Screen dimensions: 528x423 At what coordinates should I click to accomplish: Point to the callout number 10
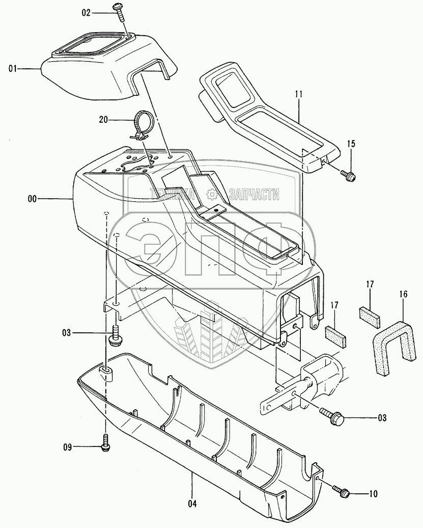[374, 493]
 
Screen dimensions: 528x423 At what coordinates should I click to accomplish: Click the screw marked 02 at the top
[120, 11]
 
